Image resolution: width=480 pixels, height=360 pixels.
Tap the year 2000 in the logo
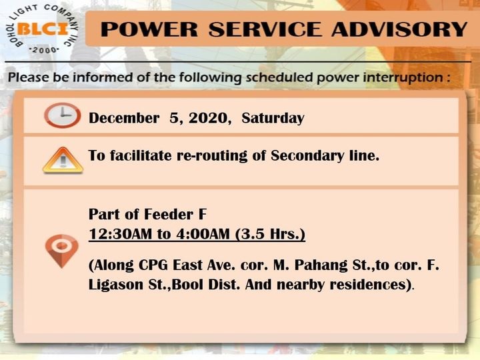click(x=44, y=50)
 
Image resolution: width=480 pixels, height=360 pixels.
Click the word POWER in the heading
click(x=149, y=29)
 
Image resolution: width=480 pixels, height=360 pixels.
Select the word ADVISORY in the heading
click(x=399, y=29)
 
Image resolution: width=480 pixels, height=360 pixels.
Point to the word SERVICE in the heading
click(x=265, y=29)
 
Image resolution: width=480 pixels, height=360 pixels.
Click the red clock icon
click(x=62, y=115)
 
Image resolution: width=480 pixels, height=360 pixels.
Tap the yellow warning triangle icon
click(x=63, y=160)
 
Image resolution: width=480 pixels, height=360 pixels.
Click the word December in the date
click(x=124, y=119)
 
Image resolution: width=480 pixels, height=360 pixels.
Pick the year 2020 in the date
click(x=208, y=118)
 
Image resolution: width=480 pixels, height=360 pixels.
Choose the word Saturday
click(x=273, y=119)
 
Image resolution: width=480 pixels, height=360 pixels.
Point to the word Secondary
click(x=307, y=156)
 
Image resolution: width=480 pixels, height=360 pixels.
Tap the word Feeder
click(x=169, y=214)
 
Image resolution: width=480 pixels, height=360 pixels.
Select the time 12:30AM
click(x=120, y=234)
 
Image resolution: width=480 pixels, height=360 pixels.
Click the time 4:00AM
click(x=203, y=234)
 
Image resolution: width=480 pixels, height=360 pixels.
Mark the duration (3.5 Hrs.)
click(x=270, y=235)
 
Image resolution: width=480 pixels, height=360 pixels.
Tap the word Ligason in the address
click(x=115, y=285)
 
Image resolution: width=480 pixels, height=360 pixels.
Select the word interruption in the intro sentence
click(x=402, y=78)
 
